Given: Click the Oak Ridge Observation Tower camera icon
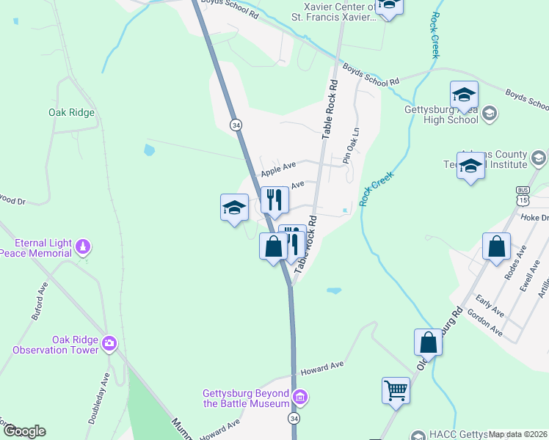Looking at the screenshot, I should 109,342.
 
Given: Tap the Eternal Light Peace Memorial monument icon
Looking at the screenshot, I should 83,246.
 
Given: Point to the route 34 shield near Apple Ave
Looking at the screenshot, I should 235,125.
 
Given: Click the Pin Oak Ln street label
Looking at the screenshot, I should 351,146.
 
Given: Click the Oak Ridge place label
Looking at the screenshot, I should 71,113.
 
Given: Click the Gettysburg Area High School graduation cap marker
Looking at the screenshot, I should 464,95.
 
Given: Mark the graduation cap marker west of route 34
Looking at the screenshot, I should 234,208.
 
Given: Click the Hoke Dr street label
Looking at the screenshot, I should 534,217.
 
